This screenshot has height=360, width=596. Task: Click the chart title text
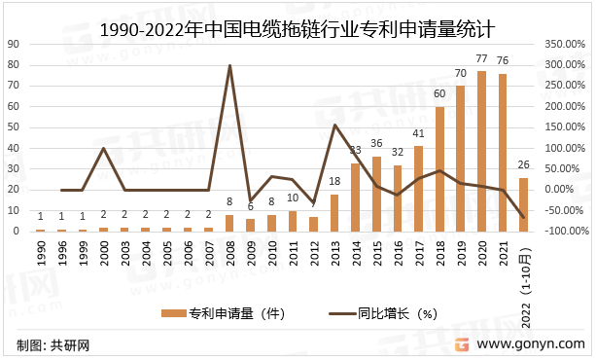pyautogui.click(x=298, y=30)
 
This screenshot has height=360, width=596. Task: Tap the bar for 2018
pyautogui.click(x=439, y=169)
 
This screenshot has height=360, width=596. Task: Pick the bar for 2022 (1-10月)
pyautogui.click(x=524, y=204)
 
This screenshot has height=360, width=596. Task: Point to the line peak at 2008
pyautogui.click(x=229, y=65)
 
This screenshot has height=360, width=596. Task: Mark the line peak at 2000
pyautogui.click(x=103, y=149)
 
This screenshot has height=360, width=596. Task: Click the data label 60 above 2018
pyautogui.click(x=439, y=94)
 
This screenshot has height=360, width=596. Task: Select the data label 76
pyautogui.click(x=503, y=61)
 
